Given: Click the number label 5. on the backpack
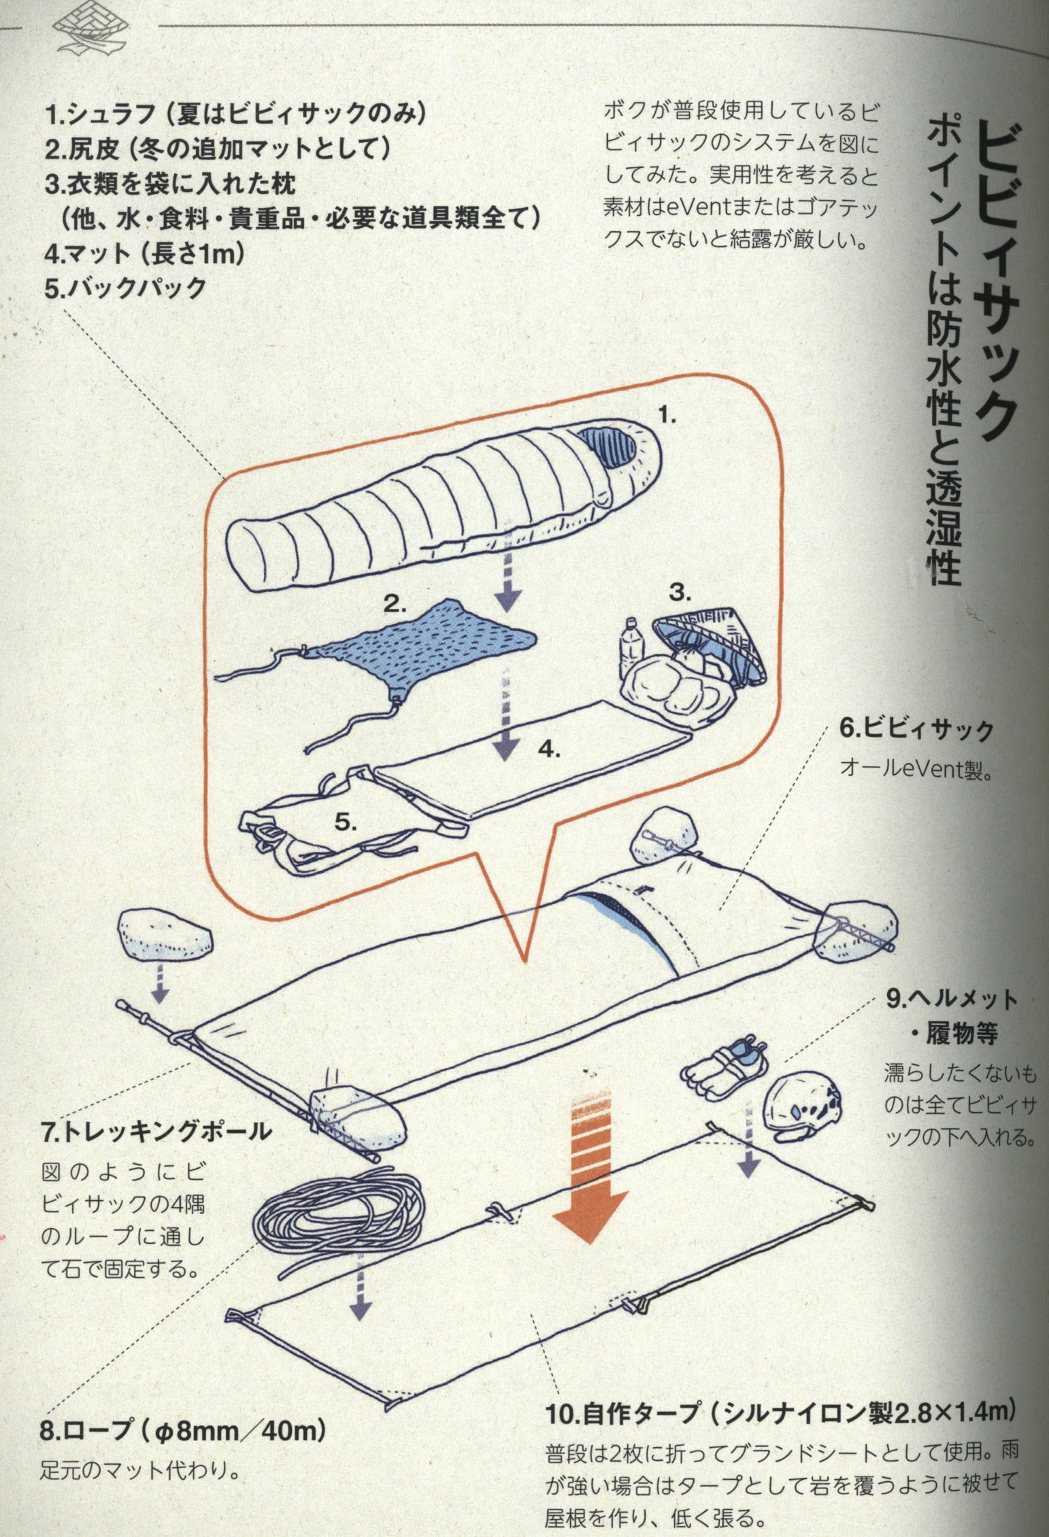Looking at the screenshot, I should coord(346,823).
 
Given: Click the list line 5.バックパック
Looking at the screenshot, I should coord(126,288).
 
